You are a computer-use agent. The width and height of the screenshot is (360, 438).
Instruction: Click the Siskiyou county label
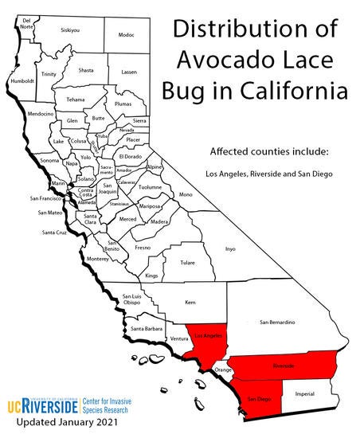point(70,29)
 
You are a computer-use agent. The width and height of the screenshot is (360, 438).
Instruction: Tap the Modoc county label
point(126,35)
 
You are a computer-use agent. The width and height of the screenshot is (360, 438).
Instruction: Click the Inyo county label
point(231,248)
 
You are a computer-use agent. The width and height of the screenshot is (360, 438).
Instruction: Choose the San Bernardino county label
point(278,322)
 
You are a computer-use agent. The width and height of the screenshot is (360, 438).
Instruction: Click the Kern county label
point(190,303)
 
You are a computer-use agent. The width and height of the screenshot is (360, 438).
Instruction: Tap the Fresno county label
point(143,248)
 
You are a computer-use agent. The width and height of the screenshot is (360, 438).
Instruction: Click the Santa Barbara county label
point(147,329)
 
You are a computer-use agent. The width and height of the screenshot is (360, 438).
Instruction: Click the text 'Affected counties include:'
point(263,151)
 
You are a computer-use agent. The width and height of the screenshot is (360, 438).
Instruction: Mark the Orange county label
point(224,370)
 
